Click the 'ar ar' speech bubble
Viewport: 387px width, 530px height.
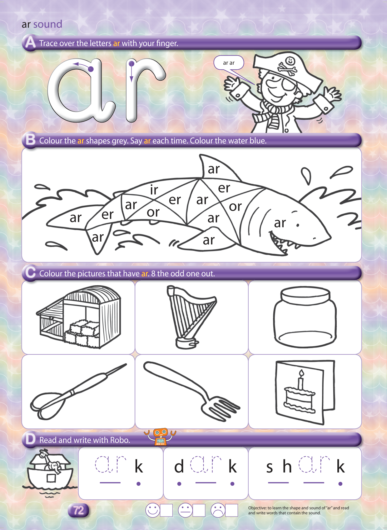click(229, 63)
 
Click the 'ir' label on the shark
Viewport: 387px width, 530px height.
click(154, 190)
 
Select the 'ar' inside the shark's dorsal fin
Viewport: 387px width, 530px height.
click(214, 169)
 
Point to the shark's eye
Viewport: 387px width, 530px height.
click(298, 225)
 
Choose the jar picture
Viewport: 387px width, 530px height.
click(305, 317)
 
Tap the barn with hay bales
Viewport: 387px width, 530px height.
click(78, 317)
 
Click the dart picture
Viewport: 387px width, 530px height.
click(78, 392)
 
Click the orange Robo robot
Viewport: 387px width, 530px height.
click(160, 437)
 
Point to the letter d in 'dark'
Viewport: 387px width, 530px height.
click(179, 467)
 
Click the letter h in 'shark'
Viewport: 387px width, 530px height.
click(287, 466)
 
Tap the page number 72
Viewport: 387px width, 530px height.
click(78, 510)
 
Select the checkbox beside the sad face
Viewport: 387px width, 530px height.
click(231, 510)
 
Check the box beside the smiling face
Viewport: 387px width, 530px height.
click(166, 510)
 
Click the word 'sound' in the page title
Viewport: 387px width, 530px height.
click(48, 24)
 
